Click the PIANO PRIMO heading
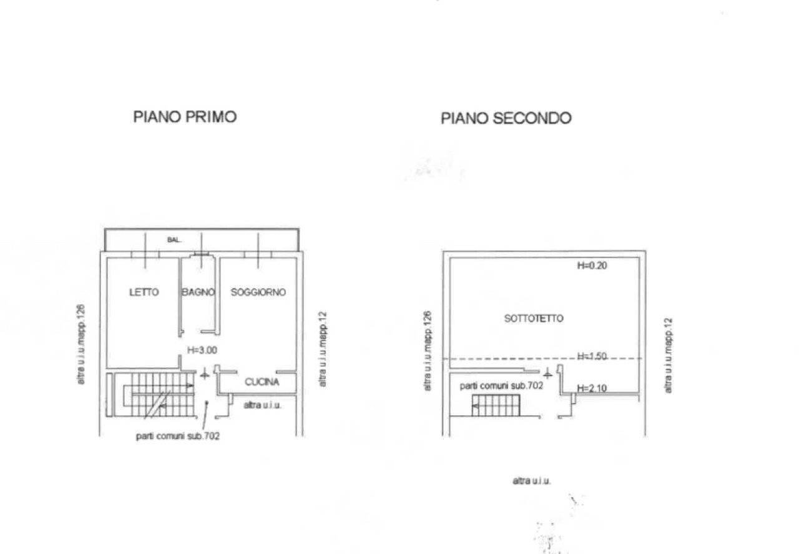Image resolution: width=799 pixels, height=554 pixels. (185, 116)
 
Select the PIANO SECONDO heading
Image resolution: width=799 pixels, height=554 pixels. (506, 117)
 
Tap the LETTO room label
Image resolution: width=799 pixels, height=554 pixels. (144, 292)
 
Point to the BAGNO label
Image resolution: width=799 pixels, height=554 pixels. (199, 292)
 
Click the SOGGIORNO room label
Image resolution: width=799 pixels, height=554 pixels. (258, 292)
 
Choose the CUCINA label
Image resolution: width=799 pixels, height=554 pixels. (262, 382)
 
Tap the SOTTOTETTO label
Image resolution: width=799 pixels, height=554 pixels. (534, 319)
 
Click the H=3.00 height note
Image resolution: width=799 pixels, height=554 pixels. (202, 351)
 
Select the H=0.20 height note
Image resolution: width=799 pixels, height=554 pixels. (592, 265)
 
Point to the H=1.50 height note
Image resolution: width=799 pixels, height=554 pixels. (592, 357)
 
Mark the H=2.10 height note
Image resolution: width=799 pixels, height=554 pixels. (592, 388)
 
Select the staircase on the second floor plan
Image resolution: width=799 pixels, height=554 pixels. (498, 405)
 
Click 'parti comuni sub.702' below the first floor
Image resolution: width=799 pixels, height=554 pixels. (177, 437)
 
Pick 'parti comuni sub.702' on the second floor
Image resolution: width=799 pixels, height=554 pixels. (501, 386)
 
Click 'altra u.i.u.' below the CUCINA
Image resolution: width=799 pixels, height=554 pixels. (262, 405)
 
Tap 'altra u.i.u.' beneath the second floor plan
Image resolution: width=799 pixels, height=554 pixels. (531, 480)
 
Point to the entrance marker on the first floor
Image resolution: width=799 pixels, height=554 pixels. (204, 374)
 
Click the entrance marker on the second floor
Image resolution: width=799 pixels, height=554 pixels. (547, 373)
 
